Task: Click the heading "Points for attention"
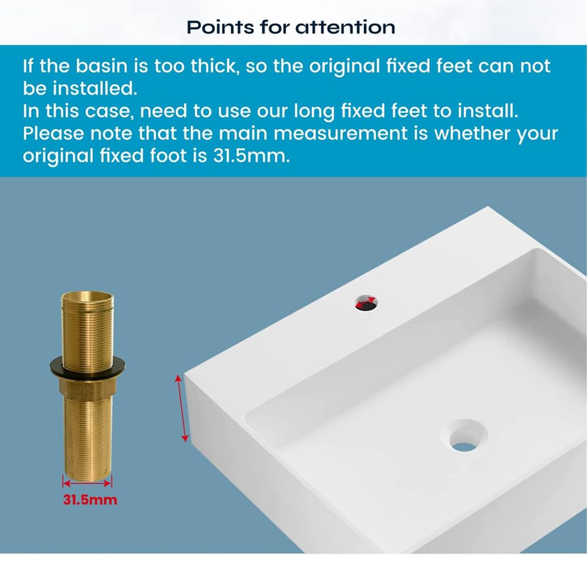[290, 27]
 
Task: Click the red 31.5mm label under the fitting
[90, 500]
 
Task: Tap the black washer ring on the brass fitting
[86, 365]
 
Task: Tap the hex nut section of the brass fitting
[86, 385]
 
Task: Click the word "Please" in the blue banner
[53, 133]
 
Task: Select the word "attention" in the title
[345, 27]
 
